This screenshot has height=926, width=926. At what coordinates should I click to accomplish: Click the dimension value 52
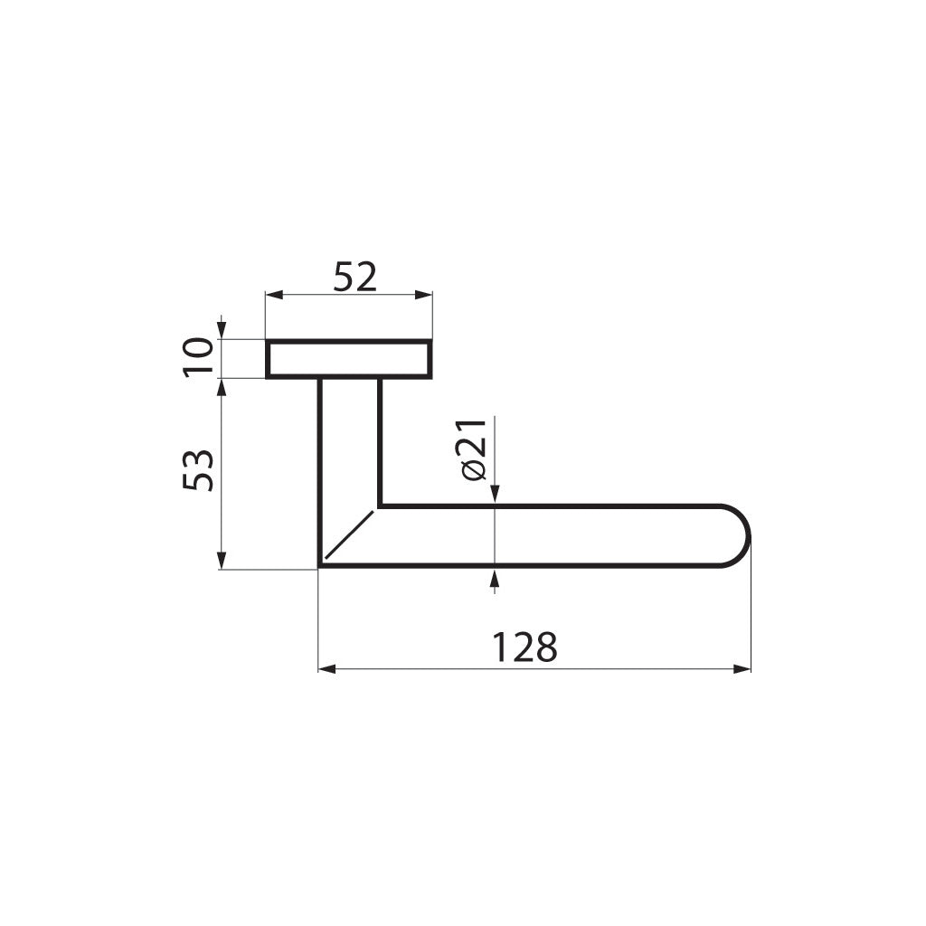point(354,277)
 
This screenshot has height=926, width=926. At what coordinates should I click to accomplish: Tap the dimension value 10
point(198,358)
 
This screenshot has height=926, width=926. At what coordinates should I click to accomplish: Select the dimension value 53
point(198,469)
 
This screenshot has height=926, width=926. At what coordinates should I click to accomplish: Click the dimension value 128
point(524,647)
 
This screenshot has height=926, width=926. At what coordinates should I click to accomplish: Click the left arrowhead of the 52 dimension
point(272,295)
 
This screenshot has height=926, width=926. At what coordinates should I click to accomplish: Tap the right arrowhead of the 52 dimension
point(424,295)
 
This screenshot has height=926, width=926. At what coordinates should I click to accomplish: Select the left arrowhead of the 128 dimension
point(326,669)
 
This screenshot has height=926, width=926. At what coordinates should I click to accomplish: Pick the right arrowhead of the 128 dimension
point(742,669)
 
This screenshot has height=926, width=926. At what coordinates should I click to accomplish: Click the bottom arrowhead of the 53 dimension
point(221,562)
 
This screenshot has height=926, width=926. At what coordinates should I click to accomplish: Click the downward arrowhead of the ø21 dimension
point(494,494)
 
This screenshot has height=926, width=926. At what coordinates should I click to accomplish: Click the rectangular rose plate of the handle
point(348,359)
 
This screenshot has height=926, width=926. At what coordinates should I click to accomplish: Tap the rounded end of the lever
point(737,536)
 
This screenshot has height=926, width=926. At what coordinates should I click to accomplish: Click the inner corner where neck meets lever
point(379,506)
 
